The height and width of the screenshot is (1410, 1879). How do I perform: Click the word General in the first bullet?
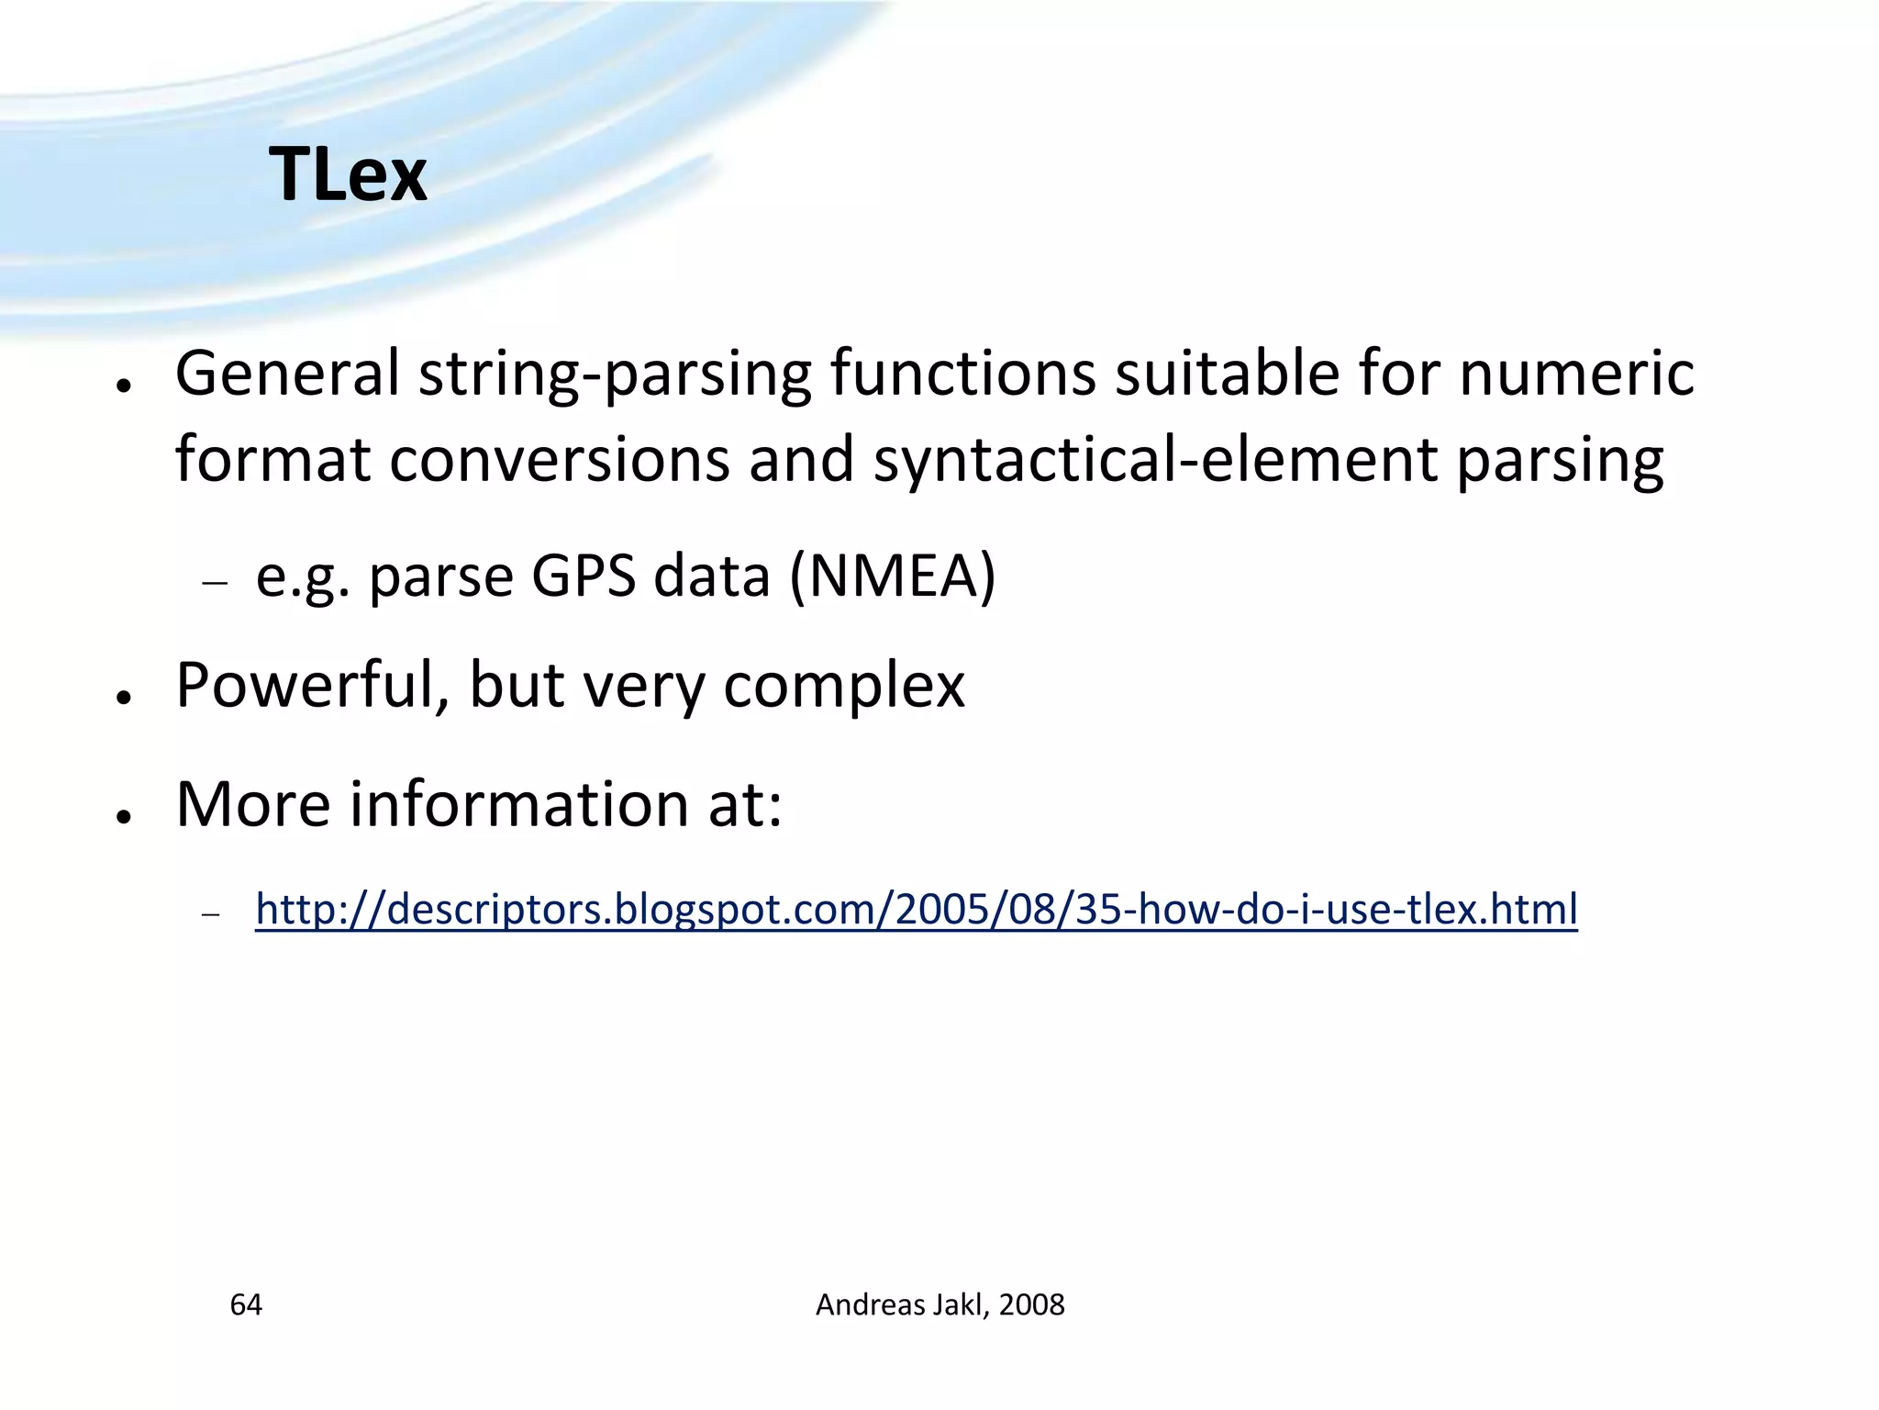287,374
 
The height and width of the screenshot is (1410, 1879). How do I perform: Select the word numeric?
1576,374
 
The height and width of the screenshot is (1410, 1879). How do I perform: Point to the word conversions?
560,459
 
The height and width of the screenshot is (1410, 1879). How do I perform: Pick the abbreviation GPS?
584,576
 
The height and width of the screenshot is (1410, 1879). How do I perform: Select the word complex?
844,687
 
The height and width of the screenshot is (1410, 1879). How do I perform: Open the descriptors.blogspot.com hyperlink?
916,910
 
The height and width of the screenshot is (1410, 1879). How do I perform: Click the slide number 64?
246,1304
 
